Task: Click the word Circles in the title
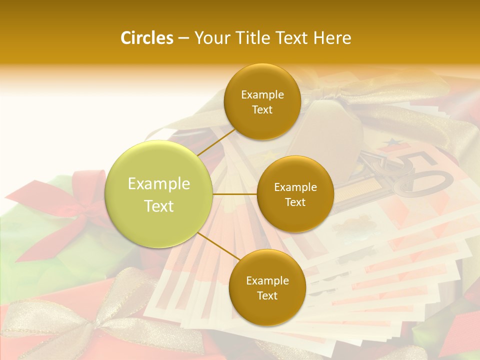coord(146,38)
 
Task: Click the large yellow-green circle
coord(159,194)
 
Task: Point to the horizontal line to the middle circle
coord(234,194)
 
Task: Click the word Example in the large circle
coord(159,184)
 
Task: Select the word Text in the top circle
coord(262,110)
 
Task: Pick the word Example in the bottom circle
coord(267,280)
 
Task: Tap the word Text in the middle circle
coord(295,202)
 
